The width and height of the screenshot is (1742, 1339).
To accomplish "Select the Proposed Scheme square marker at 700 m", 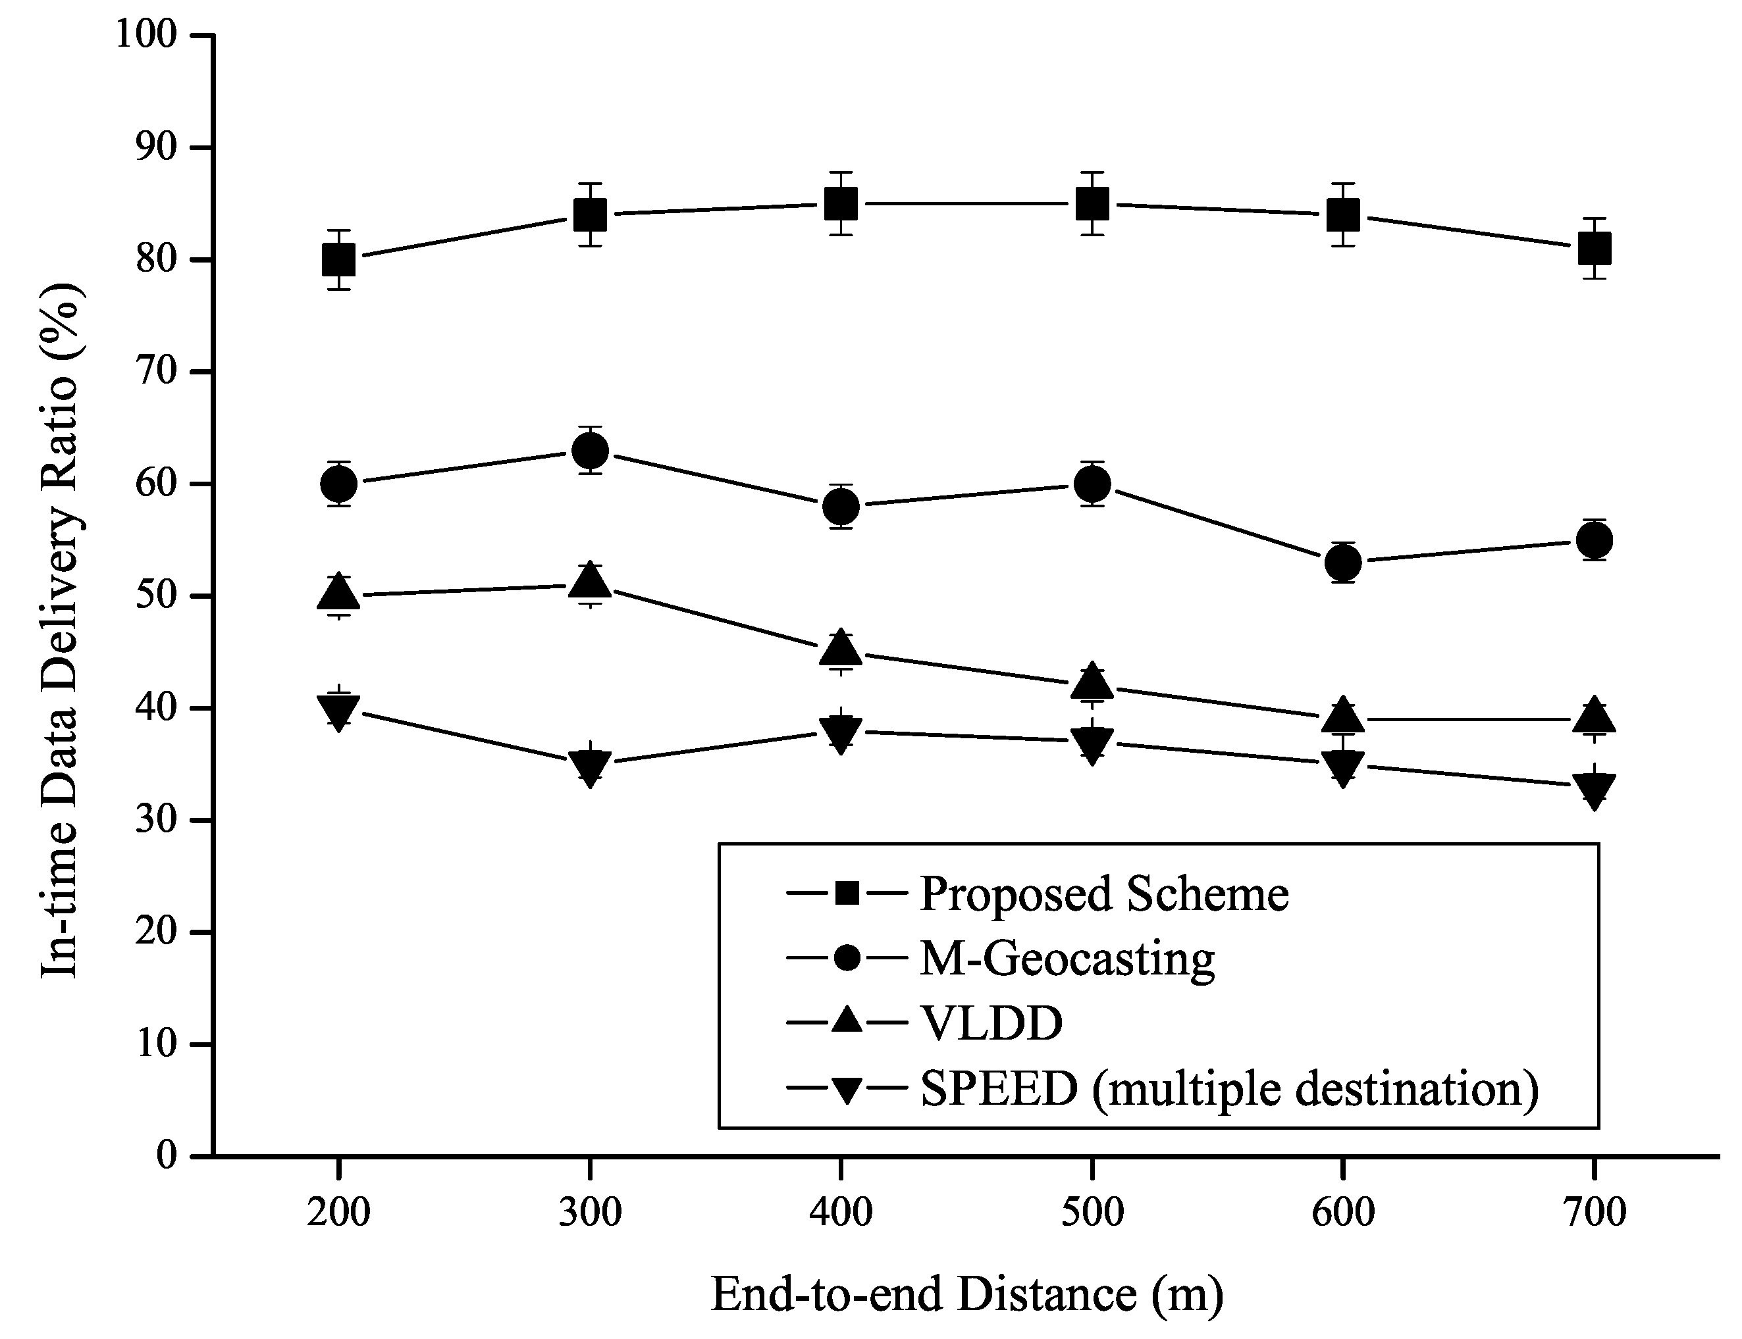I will (x=1594, y=248).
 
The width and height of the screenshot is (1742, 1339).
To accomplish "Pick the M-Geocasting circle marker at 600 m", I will (x=1342, y=563).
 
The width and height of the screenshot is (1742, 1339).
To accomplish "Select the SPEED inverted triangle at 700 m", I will (x=1594, y=789).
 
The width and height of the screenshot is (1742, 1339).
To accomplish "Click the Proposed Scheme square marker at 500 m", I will (x=1092, y=204).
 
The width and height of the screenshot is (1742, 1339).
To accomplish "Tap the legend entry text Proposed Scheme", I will (x=1104, y=894).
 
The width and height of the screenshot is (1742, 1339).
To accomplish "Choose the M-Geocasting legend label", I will (x=1067, y=959).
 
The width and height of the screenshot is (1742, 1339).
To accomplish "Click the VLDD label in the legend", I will (x=991, y=1023).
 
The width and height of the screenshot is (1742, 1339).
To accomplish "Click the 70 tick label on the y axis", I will (x=155, y=371).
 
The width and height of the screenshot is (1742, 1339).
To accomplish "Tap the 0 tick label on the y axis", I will (x=166, y=1155).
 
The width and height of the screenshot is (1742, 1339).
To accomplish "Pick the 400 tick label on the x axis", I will (x=840, y=1212).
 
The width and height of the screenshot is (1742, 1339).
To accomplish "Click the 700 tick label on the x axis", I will (x=1594, y=1212).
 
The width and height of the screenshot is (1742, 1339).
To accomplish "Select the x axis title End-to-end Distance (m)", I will (x=966, y=1294).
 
